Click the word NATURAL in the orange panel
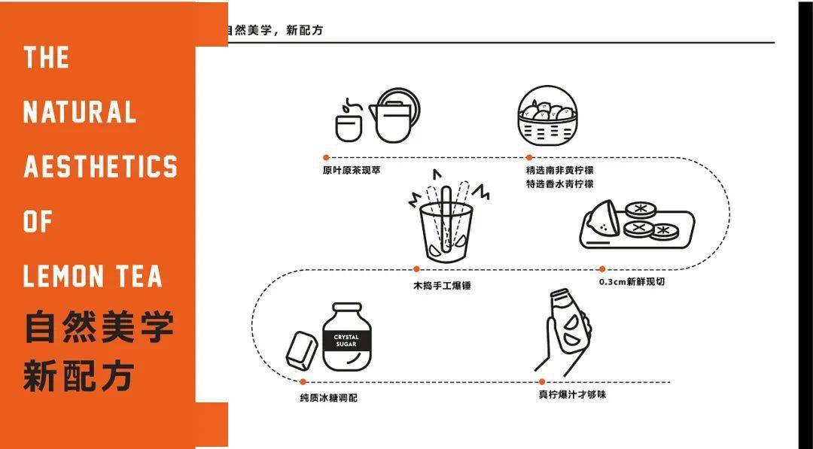[x=80, y=113]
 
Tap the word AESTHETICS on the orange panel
[x=101, y=167]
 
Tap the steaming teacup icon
[x=348, y=122]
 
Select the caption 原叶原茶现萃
[x=352, y=171]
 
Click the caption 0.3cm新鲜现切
[x=632, y=282]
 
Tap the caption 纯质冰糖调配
[x=328, y=397]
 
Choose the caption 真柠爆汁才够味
[x=572, y=395]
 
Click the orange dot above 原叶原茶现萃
[x=326, y=158]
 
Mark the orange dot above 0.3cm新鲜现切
[x=602, y=268]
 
